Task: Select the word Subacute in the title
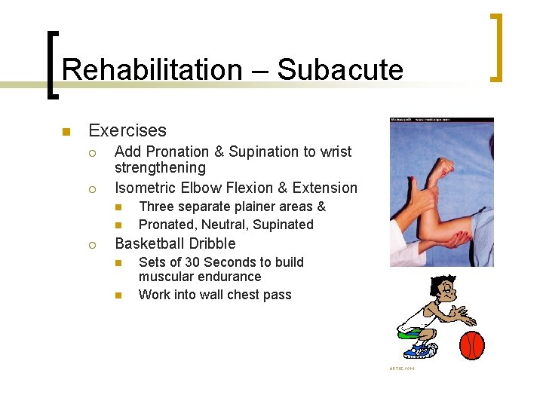click(x=340, y=70)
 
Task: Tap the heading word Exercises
click(x=127, y=130)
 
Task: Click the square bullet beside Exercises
click(x=66, y=132)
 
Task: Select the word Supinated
click(x=283, y=225)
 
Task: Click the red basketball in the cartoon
click(x=471, y=345)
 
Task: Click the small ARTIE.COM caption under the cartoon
click(x=402, y=369)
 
